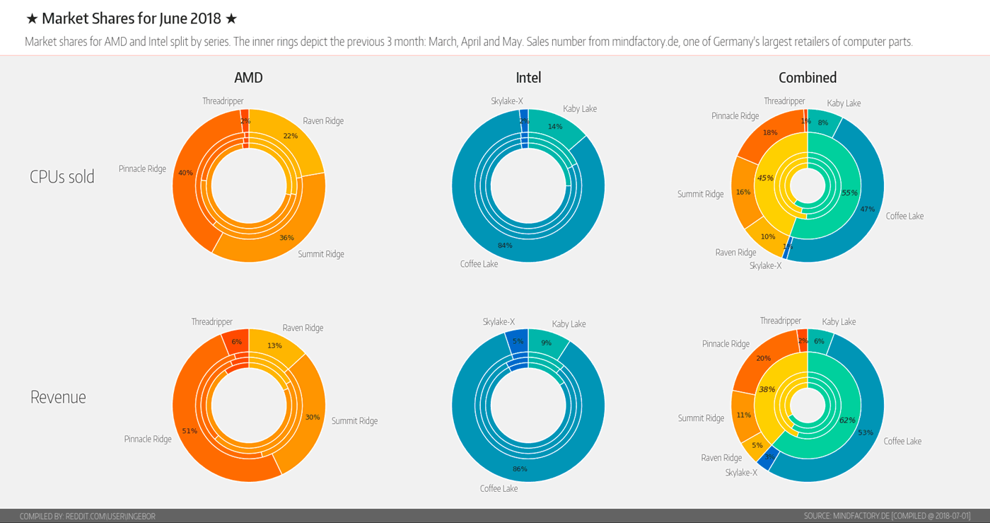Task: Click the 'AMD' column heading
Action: click(248, 78)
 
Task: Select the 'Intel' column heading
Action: click(528, 78)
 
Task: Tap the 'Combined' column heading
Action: click(807, 78)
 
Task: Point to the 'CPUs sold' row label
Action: click(62, 177)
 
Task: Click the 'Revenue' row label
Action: click(58, 397)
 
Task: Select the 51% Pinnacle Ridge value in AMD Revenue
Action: click(190, 430)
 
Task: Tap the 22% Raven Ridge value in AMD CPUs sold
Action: click(290, 136)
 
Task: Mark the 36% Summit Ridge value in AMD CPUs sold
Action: click(286, 238)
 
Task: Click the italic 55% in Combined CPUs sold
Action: click(849, 192)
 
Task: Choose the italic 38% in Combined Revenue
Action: click(767, 389)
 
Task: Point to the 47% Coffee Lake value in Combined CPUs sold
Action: click(867, 209)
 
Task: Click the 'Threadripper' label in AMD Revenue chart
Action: click(211, 322)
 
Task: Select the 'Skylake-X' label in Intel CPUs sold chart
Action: click(507, 101)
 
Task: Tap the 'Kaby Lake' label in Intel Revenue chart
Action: click(569, 324)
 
